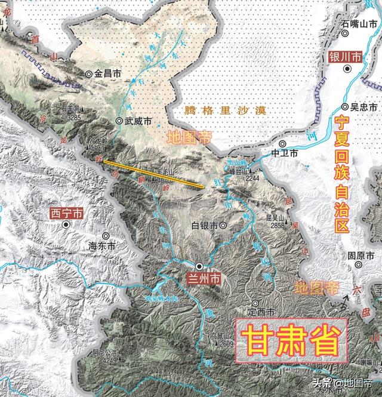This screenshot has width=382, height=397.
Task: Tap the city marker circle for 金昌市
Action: [89, 73]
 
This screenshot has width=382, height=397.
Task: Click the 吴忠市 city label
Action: [362, 107]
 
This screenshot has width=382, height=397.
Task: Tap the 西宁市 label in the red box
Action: [67, 213]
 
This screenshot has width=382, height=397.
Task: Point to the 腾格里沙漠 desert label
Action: [217, 109]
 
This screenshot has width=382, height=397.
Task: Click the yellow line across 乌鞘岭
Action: [155, 173]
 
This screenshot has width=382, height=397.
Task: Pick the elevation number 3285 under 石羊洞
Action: [74, 118]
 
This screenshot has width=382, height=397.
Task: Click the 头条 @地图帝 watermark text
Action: [346, 383]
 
